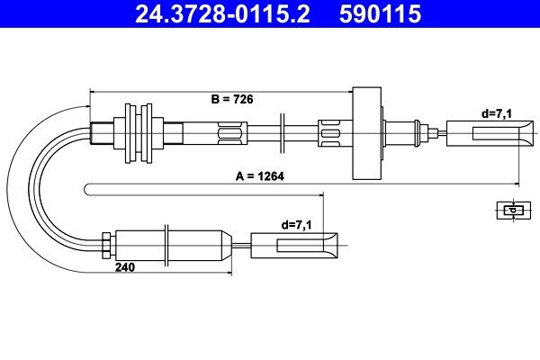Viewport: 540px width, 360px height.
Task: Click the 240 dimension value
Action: pyautogui.click(x=126, y=267)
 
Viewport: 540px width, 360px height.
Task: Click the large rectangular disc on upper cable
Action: pyautogui.click(x=367, y=133)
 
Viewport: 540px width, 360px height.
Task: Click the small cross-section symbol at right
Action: pyautogui.click(x=510, y=211)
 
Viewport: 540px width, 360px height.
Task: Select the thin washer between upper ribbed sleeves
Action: pyautogui.click(x=283, y=134)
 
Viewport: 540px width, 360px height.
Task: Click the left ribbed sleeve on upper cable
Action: pyautogui.click(x=230, y=134)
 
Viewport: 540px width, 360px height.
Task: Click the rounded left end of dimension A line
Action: pyautogui.click(x=87, y=187)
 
